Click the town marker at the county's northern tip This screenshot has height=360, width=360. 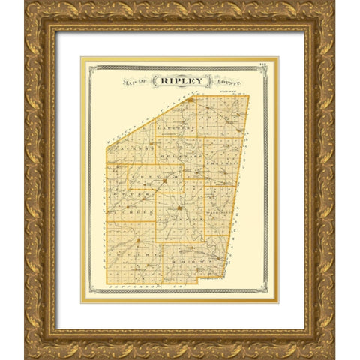click(190, 98)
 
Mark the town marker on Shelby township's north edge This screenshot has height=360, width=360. click(139, 240)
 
